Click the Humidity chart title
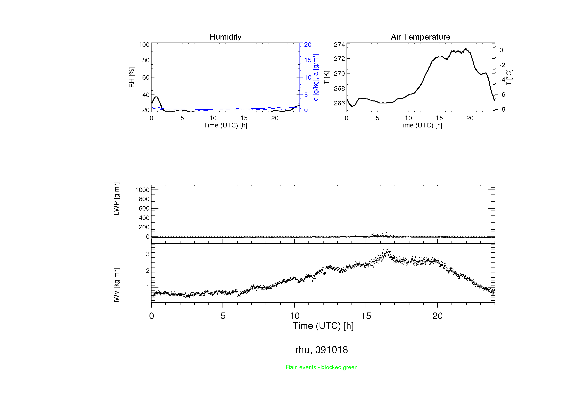click(x=225, y=37)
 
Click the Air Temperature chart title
click(x=420, y=37)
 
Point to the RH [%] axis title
click(x=131, y=77)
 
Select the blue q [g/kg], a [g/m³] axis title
click(x=316, y=77)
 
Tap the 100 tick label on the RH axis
click(x=144, y=45)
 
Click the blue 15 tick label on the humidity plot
click(x=308, y=60)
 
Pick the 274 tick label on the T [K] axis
click(x=339, y=45)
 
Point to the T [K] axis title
click(x=327, y=77)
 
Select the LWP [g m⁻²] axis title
click(x=116, y=199)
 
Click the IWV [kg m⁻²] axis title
click(x=116, y=285)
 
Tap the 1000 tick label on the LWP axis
click(x=143, y=190)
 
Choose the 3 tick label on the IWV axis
click(x=148, y=254)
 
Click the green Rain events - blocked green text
click(x=322, y=367)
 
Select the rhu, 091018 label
click(x=322, y=350)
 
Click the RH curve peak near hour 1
click(x=156, y=97)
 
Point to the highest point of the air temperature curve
click(x=466, y=49)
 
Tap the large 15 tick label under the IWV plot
click(x=366, y=316)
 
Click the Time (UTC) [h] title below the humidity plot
click(x=225, y=125)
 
